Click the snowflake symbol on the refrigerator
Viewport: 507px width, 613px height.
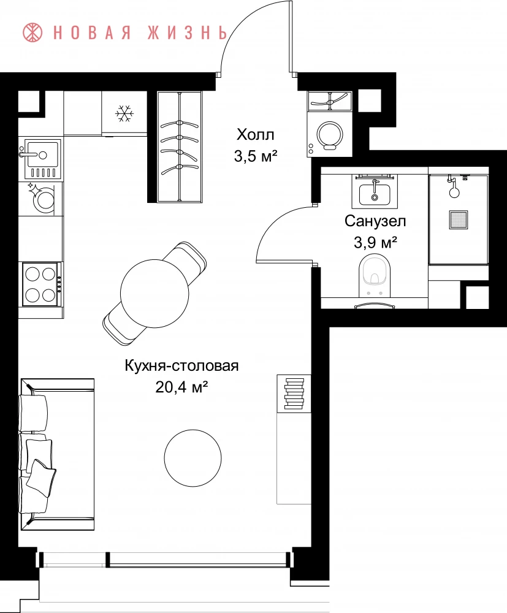tap(124, 113)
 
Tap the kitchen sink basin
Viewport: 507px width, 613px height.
tap(42, 155)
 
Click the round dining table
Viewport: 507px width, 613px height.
tap(154, 292)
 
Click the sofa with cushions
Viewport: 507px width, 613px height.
tap(57, 454)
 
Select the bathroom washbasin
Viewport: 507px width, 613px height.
tap(375, 193)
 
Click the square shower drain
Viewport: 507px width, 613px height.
tap(458, 219)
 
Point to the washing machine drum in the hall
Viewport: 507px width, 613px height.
tap(330, 134)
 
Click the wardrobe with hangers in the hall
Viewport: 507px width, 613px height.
tap(180, 147)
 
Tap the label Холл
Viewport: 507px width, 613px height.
tap(255, 135)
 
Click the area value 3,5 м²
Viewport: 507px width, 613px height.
tap(255, 156)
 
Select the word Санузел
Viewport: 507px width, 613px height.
tap(375, 221)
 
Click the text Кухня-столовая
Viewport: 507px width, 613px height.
tap(181, 367)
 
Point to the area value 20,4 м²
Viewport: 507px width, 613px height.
tap(181, 387)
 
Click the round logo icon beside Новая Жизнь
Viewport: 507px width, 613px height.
tap(33, 32)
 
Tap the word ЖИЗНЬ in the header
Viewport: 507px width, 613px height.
tap(187, 32)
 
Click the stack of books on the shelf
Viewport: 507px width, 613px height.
tap(294, 394)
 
